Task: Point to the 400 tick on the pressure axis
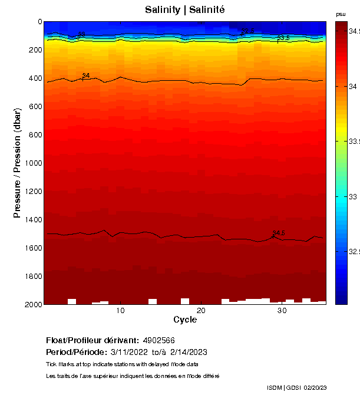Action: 35,78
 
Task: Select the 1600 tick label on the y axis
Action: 33,248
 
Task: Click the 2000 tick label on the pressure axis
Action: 33,304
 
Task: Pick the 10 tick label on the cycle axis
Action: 120,311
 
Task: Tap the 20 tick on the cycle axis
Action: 201,311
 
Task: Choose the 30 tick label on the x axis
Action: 282,311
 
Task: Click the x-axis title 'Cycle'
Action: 185,320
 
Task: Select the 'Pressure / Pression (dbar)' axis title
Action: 18,163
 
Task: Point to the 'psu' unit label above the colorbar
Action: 341,14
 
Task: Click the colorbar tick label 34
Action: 353,87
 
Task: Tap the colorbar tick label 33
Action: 353,196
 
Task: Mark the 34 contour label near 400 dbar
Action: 86,75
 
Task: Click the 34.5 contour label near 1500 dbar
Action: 279,233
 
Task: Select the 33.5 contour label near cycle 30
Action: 283,38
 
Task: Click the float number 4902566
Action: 158,341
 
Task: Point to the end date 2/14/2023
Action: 187,352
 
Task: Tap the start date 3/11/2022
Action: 130,352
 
